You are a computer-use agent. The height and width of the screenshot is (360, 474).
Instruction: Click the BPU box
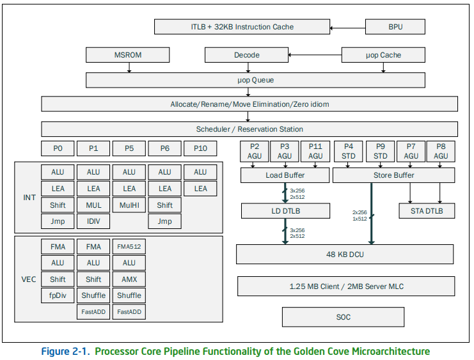(x=395, y=27)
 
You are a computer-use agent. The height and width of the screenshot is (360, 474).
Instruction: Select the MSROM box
(x=127, y=55)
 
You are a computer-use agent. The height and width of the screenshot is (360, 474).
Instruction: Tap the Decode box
(x=247, y=55)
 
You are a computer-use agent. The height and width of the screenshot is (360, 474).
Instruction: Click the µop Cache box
(x=383, y=55)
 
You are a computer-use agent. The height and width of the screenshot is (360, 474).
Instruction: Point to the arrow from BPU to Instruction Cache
(x=347, y=28)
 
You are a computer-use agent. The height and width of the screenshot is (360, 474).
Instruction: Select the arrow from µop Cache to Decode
(x=315, y=55)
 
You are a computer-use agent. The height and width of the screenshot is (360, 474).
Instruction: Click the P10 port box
(x=200, y=148)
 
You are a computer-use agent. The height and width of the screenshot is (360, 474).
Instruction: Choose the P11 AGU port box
(x=315, y=152)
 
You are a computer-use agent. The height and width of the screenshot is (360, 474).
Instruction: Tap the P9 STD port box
(x=381, y=152)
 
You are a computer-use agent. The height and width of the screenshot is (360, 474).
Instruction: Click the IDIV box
(x=93, y=221)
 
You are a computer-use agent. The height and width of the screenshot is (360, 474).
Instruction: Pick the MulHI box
(x=129, y=205)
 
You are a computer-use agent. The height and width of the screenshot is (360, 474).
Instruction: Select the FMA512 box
(x=129, y=246)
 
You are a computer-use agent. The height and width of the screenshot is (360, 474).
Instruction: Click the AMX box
(x=129, y=279)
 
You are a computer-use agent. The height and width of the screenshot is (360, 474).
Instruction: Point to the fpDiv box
(x=58, y=295)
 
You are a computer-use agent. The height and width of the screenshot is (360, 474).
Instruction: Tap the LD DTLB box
(x=286, y=210)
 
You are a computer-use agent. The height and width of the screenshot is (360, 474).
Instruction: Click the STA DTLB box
(x=427, y=210)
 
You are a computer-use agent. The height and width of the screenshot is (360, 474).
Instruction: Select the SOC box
(x=343, y=317)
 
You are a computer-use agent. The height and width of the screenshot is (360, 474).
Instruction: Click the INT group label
(x=29, y=198)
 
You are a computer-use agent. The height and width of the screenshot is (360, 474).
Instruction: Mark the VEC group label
(x=29, y=279)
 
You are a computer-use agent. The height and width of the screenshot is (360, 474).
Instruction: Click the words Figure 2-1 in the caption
(x=66, y=351)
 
